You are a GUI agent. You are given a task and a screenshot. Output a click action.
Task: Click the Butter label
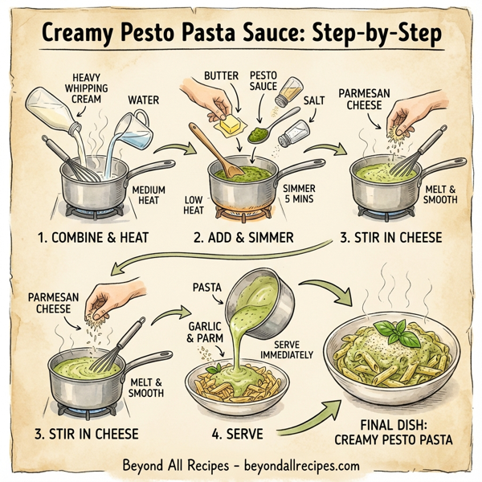[221, 76]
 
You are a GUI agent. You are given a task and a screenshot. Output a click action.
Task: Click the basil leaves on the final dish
[394, 329]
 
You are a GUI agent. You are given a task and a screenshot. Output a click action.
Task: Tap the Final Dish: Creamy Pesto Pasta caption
[393, 431]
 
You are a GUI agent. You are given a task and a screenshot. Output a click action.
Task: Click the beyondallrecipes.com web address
[302, 465]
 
